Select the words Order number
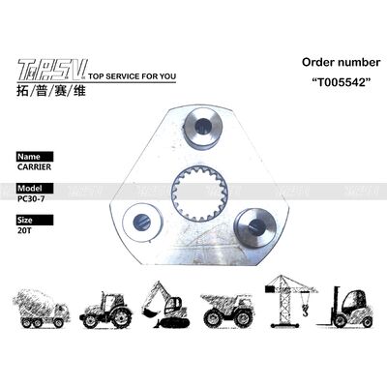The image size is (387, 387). (x=331, y=64)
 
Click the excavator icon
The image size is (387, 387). (x=164, y=303)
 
